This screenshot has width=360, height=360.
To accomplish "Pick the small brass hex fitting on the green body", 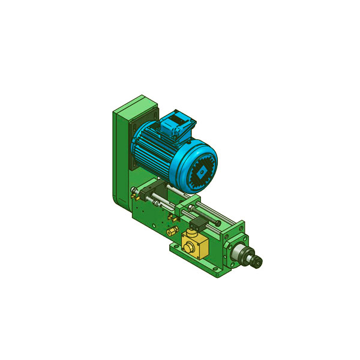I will (172, 231).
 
